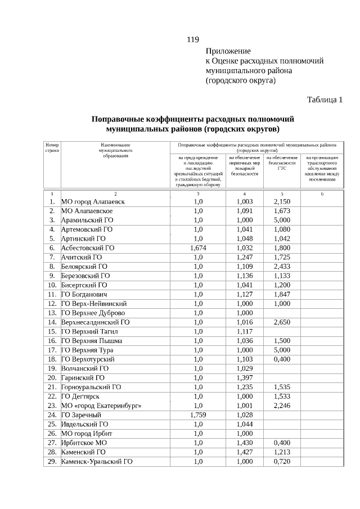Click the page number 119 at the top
(193, 39)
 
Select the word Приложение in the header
(228, 51)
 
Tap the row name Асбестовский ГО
(88, 247)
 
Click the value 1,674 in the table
(198, 247)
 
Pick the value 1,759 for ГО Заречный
(198, 415)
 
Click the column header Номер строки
(52, 148)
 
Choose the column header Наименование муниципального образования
(115, 151)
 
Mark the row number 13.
(52, 313)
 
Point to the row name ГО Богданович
(84, 294)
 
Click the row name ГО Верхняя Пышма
(92, 341)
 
